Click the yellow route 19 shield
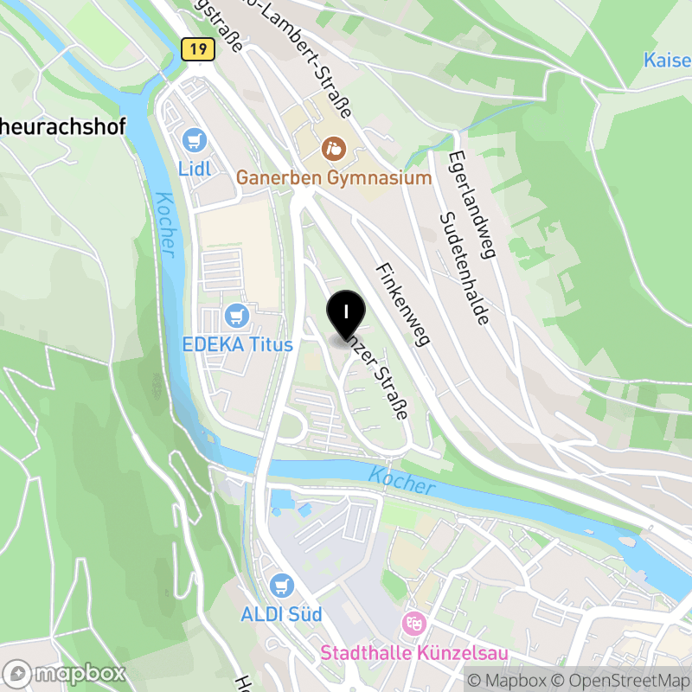[198, 49]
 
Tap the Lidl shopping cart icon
[195, 140]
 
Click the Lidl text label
[195, 168]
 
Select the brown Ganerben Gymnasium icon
[333, 149]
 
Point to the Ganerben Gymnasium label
[334, 178]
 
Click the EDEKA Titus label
[238, 344]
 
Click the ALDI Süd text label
[281, 615]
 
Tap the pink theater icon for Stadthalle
[413, 623]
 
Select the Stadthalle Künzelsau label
[414, 651]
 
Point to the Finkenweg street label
[402, 304]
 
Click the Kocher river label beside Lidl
[165, 224]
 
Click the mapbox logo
[66, 673]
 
